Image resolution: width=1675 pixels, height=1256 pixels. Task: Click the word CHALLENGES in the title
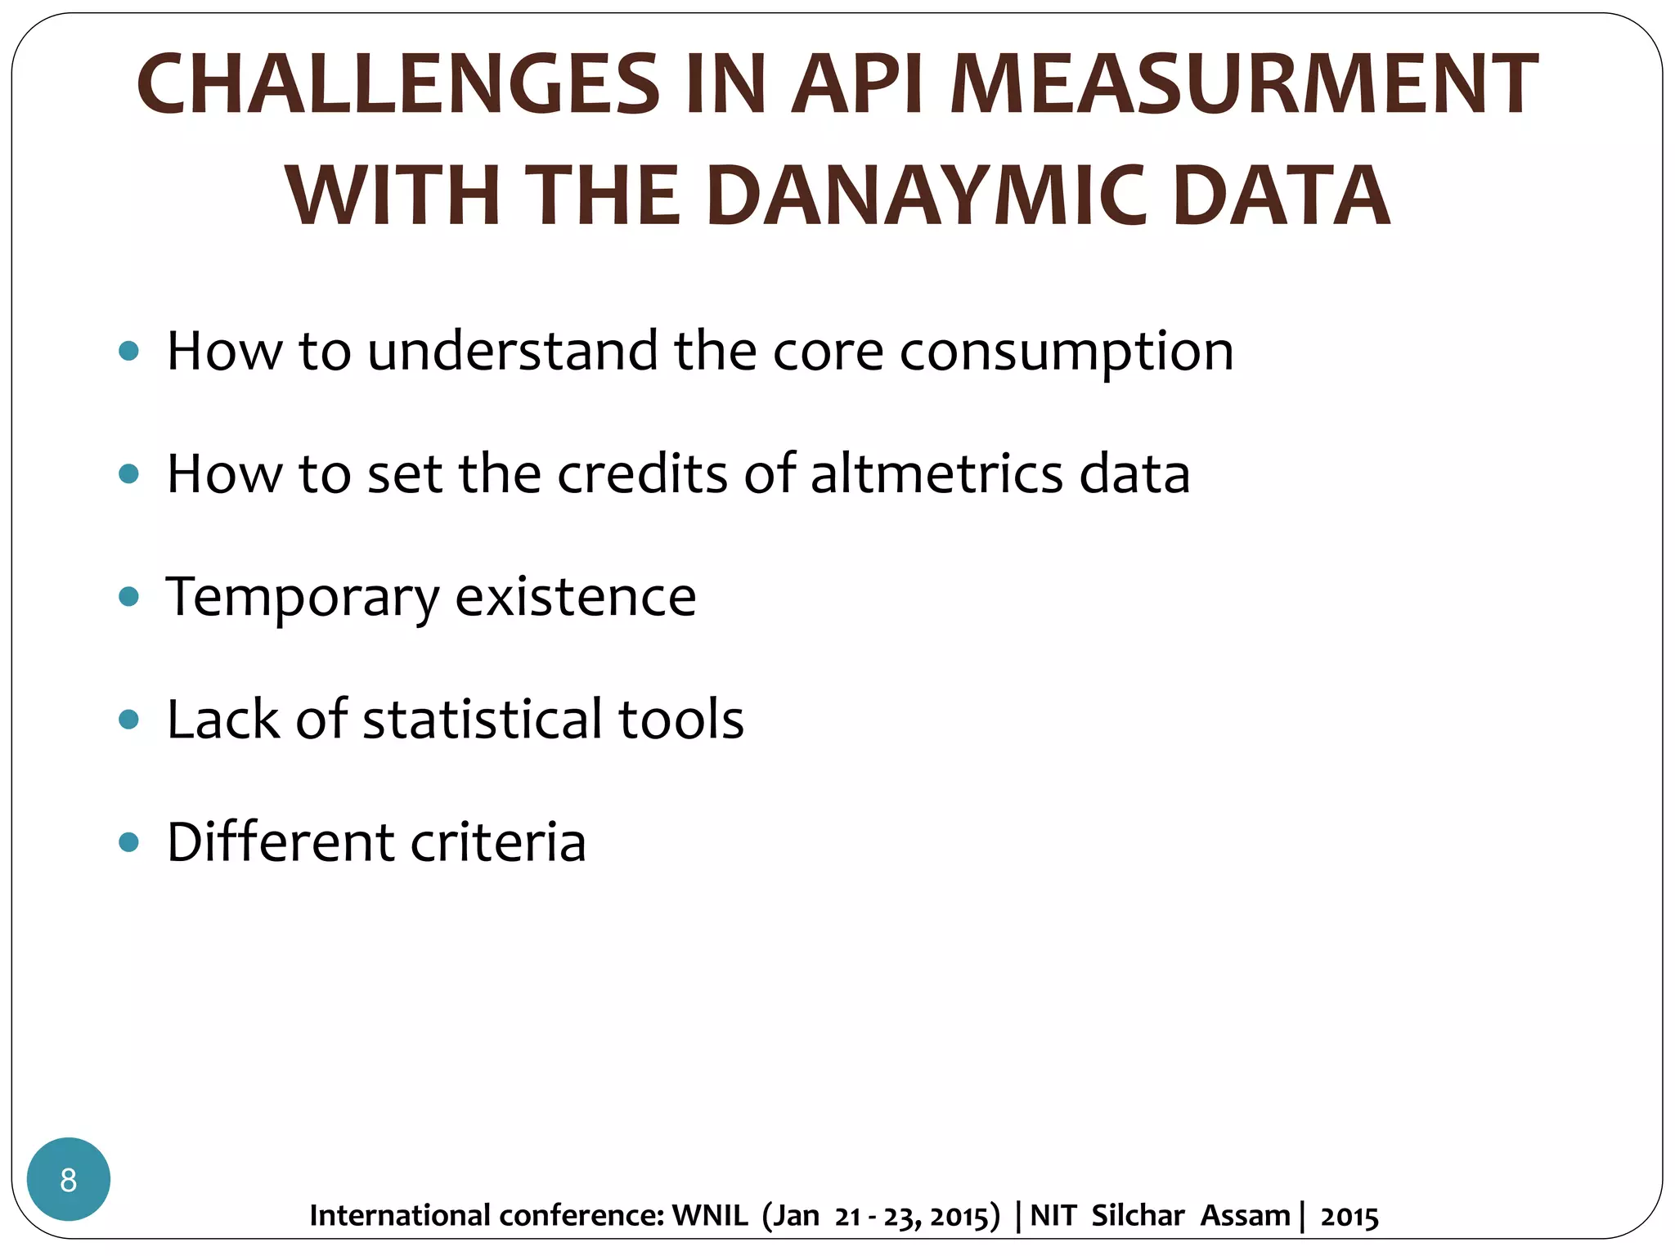tap(398, 84)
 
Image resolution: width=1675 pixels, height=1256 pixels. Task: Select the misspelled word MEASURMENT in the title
tap(1243, 84)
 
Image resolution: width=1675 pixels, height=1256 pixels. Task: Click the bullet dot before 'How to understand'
tap(128, 352)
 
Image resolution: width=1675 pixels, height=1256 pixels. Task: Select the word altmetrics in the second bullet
tap(937, 473)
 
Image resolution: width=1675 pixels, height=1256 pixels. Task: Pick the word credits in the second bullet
tap(642, 473)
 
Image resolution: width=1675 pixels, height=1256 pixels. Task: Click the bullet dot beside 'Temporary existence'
tap(128, 597)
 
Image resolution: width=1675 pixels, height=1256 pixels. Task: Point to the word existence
tap(575, 597)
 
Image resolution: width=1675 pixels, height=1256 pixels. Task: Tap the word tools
tap(680, 720)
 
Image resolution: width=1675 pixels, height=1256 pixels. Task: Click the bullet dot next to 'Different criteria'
tap(128, 842)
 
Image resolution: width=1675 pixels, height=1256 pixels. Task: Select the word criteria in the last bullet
tap(498, 842)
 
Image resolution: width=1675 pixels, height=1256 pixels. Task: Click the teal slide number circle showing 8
tap(69, 1179)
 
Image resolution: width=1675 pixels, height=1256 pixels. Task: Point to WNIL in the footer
tap(709, 1216)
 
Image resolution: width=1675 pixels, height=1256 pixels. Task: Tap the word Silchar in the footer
tap(1138, 1216)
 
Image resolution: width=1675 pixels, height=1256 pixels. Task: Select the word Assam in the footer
tap(1245, 1216)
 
